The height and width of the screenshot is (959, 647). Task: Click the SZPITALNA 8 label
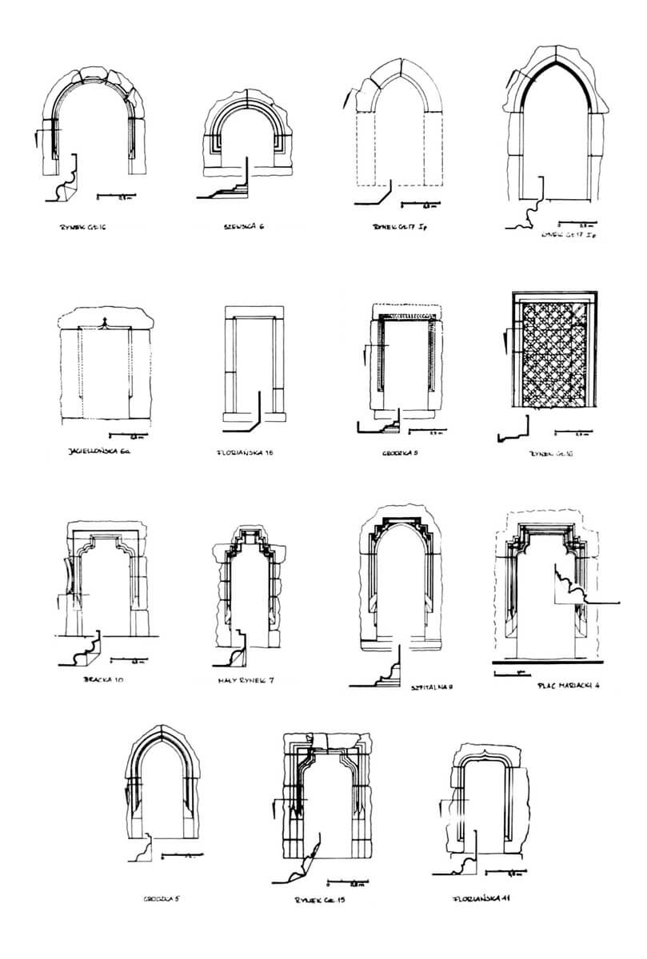[430, 686]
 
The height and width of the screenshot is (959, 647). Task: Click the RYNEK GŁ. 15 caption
[325, 900]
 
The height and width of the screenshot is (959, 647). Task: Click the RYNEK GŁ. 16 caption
[83, 227]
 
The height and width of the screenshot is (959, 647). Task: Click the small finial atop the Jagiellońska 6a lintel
[102, 323]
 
